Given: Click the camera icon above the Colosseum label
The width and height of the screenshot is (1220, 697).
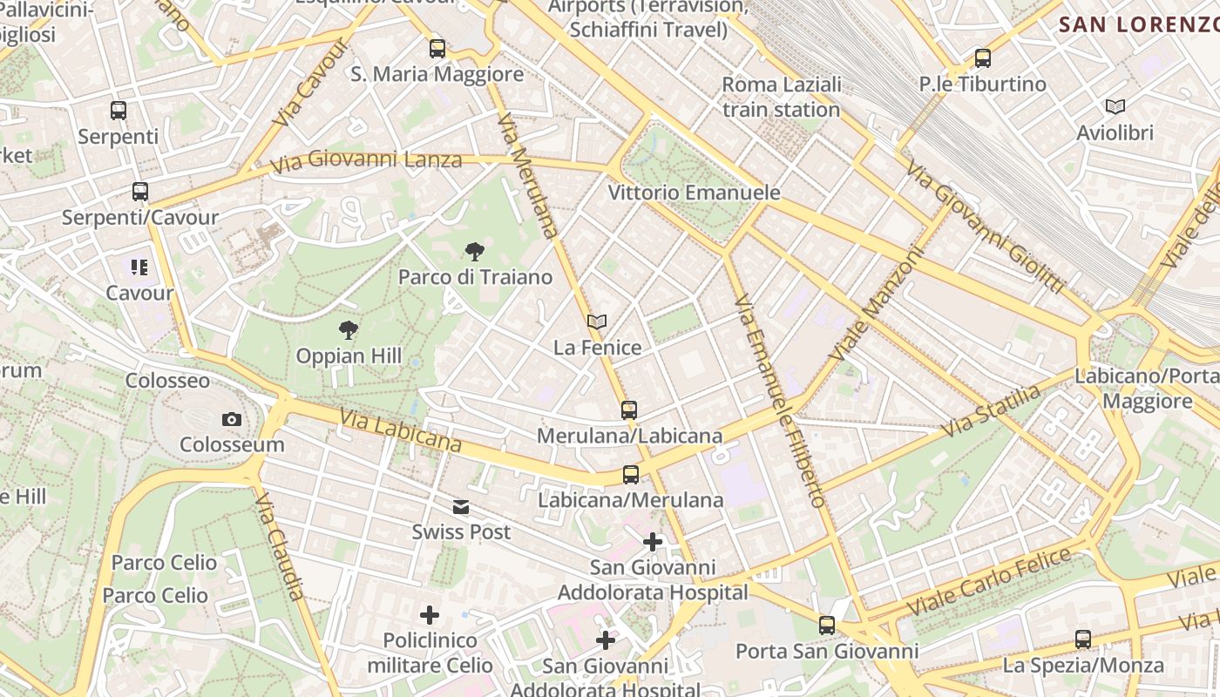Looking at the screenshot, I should click(x=231, y=419).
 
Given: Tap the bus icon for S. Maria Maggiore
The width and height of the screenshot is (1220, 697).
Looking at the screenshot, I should click(x=437, y=49).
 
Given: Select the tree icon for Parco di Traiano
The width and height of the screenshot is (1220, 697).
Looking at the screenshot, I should click(x=475, y=252).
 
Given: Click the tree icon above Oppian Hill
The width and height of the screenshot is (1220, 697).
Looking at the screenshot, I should click(x=349, y=330).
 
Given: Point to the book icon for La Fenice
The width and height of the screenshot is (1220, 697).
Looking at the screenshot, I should click(x=597, y=321).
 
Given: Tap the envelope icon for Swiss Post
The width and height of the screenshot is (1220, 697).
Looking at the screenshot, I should click(x=461, y=507).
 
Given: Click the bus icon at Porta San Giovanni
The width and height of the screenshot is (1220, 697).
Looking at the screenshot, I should click(x=826, y=625).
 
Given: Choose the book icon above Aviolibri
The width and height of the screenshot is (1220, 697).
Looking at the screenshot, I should click(x=1115, y=107).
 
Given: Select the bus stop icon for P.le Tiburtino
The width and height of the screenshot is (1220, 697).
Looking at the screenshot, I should click(x=983, y=58).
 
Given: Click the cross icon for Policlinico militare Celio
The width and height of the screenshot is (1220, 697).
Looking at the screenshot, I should click(x=430, y=615).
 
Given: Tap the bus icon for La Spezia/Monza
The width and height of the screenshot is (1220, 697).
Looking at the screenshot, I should click(x=1083, y=639).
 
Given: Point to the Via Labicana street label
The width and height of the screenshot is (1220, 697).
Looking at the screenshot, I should click(x=401, y=431).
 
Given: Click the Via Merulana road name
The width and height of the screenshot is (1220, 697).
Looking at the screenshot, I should click(x=527, y=174).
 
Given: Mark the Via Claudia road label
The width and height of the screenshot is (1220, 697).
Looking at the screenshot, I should click(x=280, y=546).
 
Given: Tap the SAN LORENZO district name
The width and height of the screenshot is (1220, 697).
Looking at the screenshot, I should click(x=1138, y=24).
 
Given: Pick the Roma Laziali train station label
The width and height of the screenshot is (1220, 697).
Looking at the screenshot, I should click(x=782, y=97).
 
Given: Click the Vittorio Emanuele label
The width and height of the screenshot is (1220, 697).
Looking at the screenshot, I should click(x=694, y=193).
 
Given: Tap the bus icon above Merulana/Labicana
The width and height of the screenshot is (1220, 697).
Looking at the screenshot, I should click(x=629, y=409).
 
